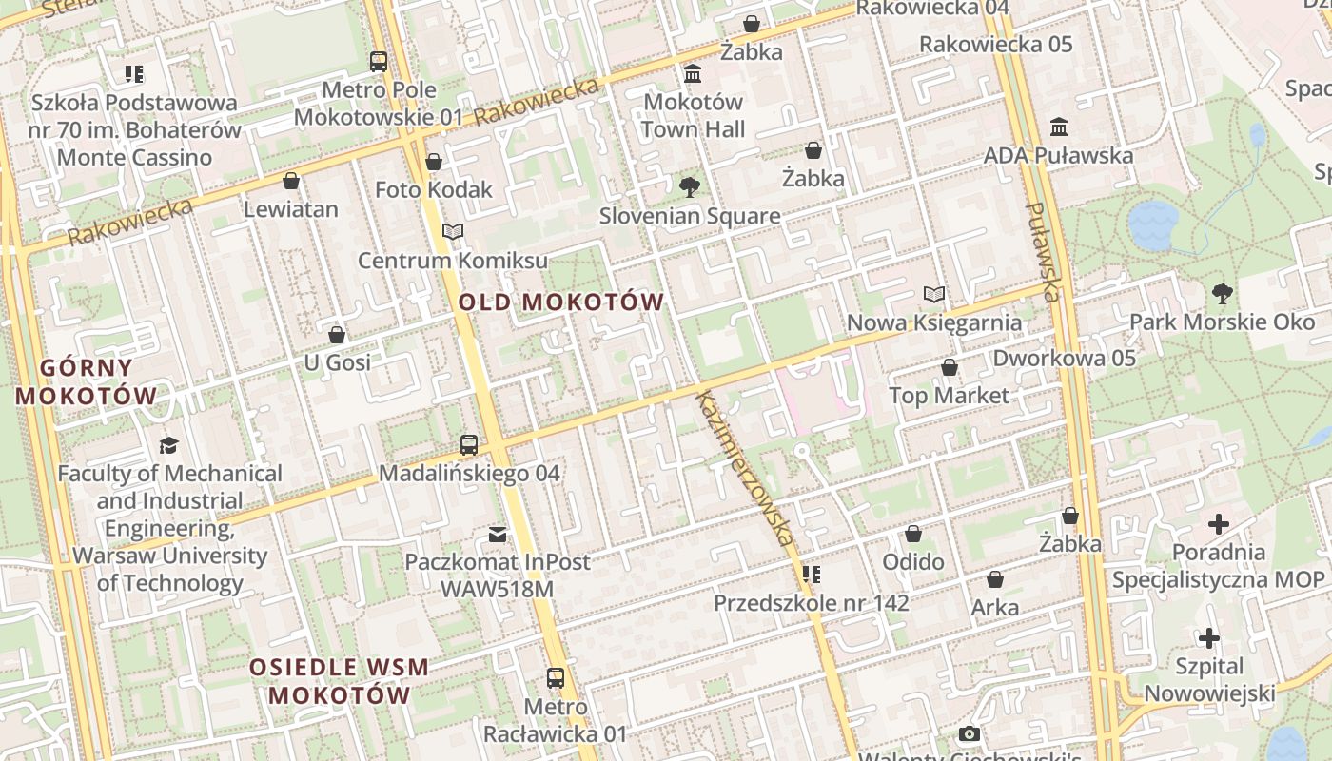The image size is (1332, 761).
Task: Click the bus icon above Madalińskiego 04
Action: coord(469,444)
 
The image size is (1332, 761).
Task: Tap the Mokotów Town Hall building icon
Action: coord(693,73)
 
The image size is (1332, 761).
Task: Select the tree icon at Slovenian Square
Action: coord(690,187)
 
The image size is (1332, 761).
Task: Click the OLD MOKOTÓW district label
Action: coord(561,302)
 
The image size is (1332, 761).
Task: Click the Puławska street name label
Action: coord(1043,251)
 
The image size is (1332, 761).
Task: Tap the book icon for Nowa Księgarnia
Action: coord(935,295)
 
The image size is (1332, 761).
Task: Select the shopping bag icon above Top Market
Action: coord(949,367)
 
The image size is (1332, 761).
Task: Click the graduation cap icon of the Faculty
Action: coord(169,444)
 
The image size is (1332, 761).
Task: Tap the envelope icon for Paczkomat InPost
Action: coord(498,534)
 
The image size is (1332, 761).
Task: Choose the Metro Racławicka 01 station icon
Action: coord(556,678)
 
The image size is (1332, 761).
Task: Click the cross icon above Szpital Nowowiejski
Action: coord(1209,637)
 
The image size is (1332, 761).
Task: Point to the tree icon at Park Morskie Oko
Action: coord(1223,294)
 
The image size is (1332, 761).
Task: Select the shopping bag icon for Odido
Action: coord(913,534)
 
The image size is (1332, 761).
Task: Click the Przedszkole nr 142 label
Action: coord(812,602)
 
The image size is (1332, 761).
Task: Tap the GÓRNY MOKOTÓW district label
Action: coord(86,380)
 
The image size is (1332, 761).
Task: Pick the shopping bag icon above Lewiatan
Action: coord(291,181)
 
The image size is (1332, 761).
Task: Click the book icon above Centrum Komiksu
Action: coord(453,232)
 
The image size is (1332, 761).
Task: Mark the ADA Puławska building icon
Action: coord(1059,127)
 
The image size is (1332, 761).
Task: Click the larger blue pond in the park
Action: coord(1153,225)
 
